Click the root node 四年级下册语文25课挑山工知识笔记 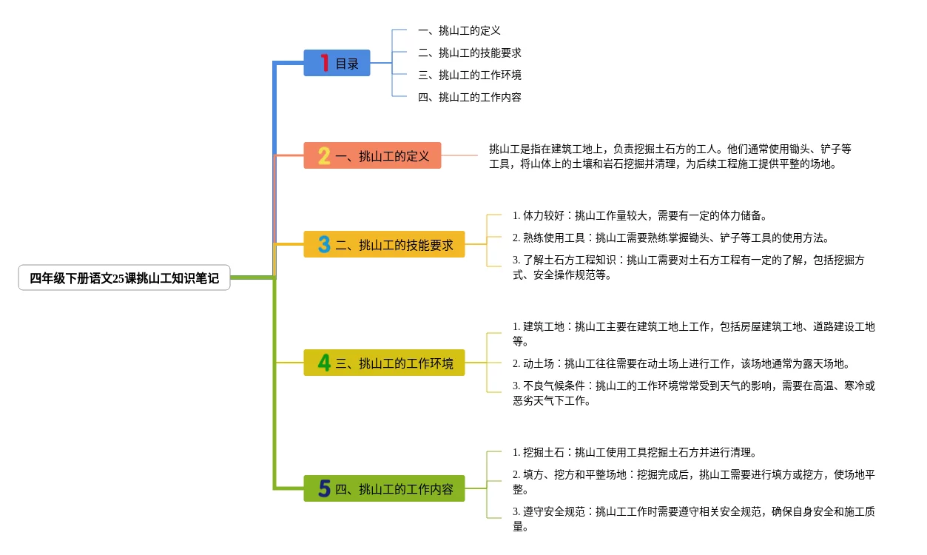[x=124, y=277]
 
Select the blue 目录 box [x=337, y=63]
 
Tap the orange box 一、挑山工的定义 [x=372, y=155]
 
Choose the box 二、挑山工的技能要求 [x=384, y=245]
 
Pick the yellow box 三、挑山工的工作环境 [x=384, y=363]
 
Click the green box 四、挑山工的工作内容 [x=384, y=489]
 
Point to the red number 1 [x=325, y=63]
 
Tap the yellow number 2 [x=324, y=156]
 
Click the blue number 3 [x=324, y=245]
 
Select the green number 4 [x=324, y=363]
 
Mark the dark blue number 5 [x=324, y=489]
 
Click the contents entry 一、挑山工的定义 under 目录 [x=459, y=30]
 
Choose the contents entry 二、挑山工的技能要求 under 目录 [x=469, y=53]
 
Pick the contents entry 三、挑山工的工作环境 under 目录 [x=469, y=75]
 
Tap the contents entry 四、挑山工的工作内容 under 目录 [x=469, y=98]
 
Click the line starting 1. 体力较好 [x=640, y=215]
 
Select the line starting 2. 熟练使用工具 [x=671, y=238]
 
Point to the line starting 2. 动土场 [x=681, y=364]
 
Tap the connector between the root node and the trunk [x=252, y=277]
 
